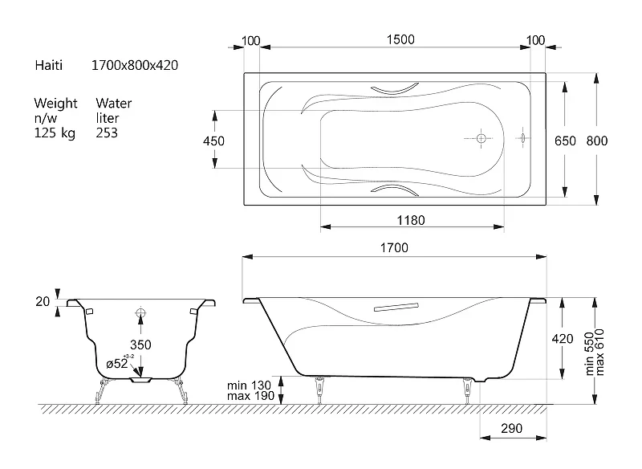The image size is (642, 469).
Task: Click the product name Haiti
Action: point(49,65)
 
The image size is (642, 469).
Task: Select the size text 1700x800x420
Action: point(134,65)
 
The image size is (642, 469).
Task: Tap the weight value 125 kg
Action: point(55,133)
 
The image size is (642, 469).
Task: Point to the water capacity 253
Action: point(107,133)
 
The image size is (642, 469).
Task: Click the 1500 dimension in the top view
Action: point(400,39)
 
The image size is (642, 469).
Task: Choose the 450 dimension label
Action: point(213,141)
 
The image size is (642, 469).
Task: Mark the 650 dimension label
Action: point(565,141)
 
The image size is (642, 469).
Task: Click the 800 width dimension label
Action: point(597,141)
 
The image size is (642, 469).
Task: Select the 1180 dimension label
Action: point(411,220)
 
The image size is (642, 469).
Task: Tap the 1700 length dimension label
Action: point(394,248)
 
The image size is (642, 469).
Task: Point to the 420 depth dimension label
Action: point(563,339)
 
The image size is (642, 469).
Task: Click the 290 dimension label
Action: point(511,429)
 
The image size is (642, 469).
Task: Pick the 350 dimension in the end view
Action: point(140,345)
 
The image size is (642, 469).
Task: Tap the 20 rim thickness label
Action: point(43,301)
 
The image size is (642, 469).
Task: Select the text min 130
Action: point(249,385)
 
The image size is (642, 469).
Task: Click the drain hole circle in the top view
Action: point(481,138)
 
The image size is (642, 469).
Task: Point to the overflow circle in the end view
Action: point(140,313)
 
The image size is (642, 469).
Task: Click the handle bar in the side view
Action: point(396,307)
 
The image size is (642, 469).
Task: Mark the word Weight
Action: point(55,104)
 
